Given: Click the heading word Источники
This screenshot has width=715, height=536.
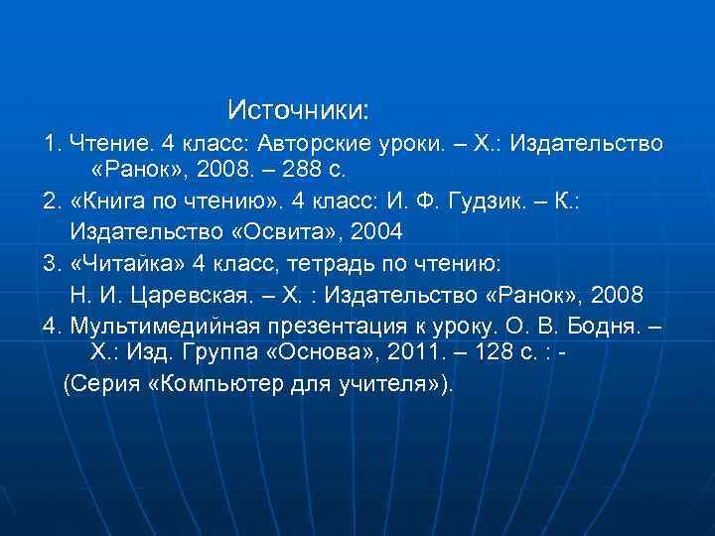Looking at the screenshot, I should pyautogui.click(x=298, y=106).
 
